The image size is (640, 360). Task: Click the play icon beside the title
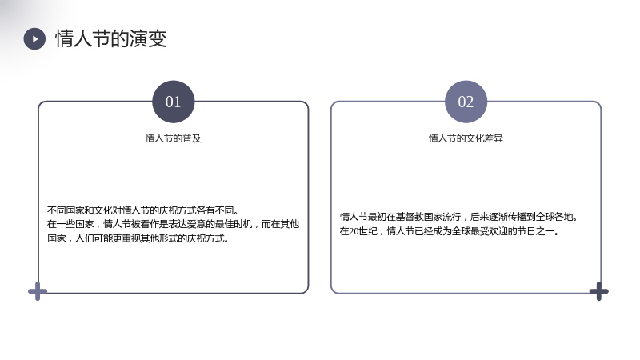(x=34, y=38)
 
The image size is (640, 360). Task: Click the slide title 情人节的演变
(x=111, y=38)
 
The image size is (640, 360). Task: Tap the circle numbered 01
(x=173, y=102)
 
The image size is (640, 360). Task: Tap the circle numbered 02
(x=466, y=102)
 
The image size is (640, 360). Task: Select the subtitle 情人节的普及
(x=173, y=138)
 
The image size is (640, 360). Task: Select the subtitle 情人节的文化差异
(x=466, y=138)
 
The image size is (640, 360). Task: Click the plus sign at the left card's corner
(x=38, y=291)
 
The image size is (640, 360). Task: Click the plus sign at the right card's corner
(x=598, y=291)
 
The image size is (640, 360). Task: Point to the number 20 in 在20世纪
(x=354, y=231)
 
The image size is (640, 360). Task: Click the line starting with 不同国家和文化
(x=143, y=210)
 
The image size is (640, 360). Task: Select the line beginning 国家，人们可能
(x=138, y=238)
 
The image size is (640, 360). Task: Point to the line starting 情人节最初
(x=459, y=217)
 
